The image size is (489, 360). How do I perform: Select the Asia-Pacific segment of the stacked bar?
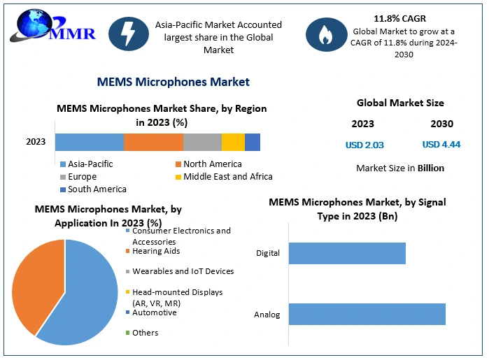pos(90,142)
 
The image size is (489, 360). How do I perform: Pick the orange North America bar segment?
pos(153,142)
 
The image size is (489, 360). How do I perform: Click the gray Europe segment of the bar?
pos(202,142)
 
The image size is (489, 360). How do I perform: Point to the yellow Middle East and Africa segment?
pos(233,142)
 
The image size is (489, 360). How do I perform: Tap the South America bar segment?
pos(253,142)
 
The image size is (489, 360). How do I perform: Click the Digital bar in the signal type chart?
pos(347,253)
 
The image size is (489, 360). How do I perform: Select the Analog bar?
pos(367,314)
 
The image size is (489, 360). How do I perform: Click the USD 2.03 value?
pos(364,145)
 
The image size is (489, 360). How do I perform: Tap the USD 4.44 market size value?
pos(441,145)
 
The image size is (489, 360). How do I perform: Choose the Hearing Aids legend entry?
pos(156,251)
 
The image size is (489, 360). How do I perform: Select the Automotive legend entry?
pos(155,312)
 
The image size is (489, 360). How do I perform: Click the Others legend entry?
pos(146,333)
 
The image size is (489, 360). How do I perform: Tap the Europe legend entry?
pos(83,177)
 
